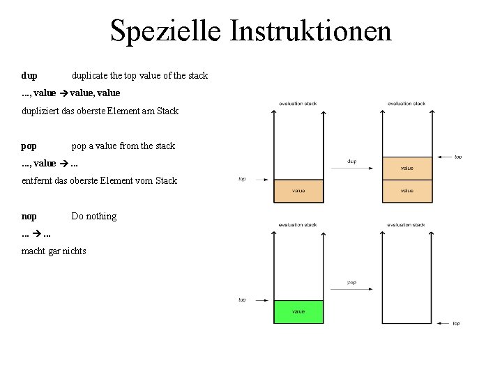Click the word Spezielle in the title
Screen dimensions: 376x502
click(165, 31)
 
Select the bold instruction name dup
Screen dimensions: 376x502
click(29, 75)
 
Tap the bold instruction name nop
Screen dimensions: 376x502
click(29, 217)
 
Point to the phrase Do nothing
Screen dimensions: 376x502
click(94, 217)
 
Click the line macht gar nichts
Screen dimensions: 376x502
click(54, 251)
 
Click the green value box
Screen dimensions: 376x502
click(298, 311)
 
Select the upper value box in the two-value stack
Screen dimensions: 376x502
click(407, 168)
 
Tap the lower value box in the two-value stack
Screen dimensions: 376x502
click(407, 191)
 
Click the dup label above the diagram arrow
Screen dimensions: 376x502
click(352, 162)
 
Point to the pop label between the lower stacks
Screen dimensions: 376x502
click(351, 283)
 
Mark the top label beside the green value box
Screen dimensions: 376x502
click(242, 300)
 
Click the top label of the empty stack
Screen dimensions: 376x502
click(457, 323)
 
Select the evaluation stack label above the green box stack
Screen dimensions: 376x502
click(298, 225)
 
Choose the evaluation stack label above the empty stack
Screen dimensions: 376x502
click(406, 225)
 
